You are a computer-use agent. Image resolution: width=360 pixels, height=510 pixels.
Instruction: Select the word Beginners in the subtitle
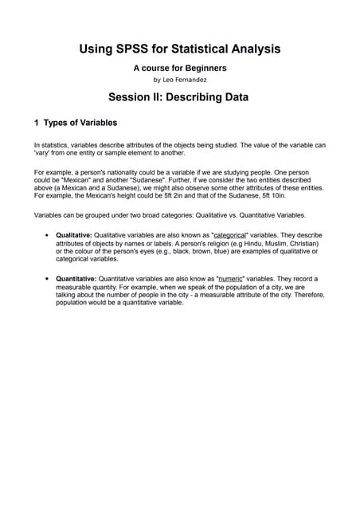(x=203, y=69)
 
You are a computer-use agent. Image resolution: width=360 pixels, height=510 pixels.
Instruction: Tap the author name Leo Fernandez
(x=186, y=80)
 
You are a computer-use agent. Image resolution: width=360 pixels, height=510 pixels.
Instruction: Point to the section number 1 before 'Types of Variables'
(x=37, y=123)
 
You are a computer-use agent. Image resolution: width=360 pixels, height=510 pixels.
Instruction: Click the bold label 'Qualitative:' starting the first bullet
(x=74, y=236)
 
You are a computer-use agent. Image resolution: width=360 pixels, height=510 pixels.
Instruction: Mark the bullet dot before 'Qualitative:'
(x=48, y=236)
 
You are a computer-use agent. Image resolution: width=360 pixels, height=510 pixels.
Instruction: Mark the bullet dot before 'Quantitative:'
(x=48, y=279)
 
